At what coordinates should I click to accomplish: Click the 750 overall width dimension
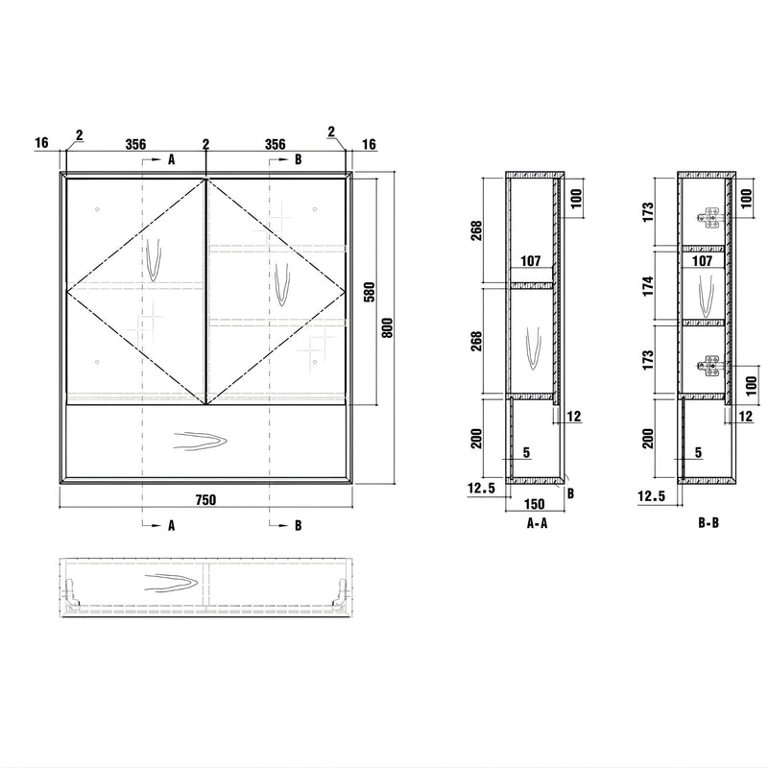(x=205, y=499)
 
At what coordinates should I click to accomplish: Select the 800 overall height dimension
(x=387, y=327)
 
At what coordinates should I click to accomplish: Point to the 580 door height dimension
(x=370, y=292)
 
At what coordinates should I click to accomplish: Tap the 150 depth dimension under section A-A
(x=534, y=504)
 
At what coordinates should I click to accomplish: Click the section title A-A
(x=537, y=523)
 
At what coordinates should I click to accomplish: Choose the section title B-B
(x=708, y=523)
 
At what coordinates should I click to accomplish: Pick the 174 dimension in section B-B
(x=648, y=286)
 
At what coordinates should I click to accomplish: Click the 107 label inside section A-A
(x=531, y=261)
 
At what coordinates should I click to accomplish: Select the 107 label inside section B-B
(x=703, y=261)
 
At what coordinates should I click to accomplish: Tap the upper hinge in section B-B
(x=709, y=218)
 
